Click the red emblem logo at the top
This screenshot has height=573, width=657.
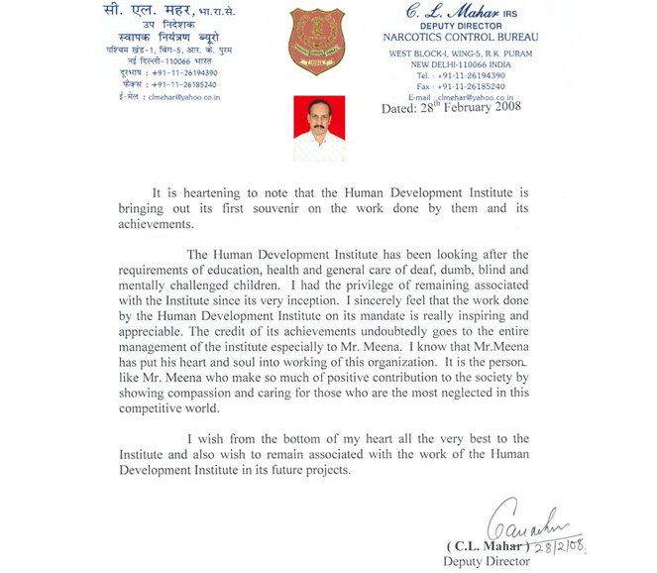tap(317, 43)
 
